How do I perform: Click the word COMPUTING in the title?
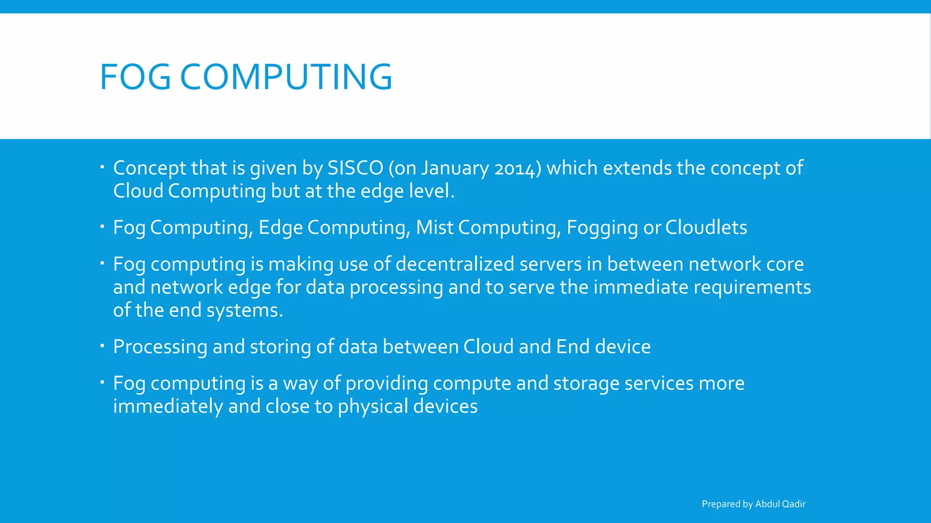286,77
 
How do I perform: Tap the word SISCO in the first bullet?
355,168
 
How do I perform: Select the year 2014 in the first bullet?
515,169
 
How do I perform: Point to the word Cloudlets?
706,227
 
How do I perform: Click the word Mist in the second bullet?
435,227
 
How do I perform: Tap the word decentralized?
455,264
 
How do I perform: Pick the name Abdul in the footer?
767,504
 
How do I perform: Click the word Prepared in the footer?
721,504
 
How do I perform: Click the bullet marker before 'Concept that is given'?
102,168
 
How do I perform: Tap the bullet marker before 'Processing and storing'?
102,346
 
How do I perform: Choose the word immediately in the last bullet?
168,407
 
